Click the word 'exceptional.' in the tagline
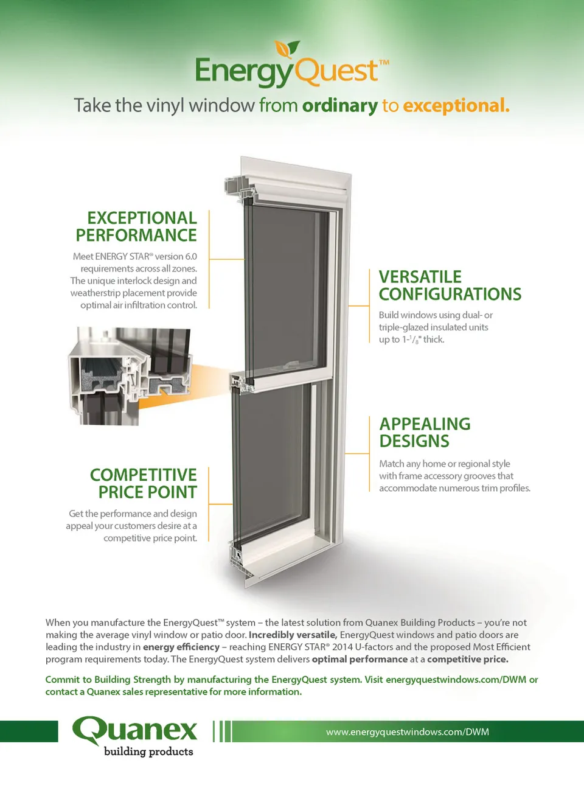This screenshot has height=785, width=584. click(456, 106)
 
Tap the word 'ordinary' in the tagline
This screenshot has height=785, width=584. click(339, 106)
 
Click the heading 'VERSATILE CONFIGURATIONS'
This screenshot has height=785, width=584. click(450, 285)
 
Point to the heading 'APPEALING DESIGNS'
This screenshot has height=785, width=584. click(425, 432)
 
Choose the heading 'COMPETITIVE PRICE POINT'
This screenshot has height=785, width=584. click(145, 483)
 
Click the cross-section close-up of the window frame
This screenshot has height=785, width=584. click(131, 375)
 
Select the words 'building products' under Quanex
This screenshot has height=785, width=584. click(148, 752)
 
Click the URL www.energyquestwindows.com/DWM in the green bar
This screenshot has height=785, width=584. click(407, 732)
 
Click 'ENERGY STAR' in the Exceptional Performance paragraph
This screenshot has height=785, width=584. click(122, 257)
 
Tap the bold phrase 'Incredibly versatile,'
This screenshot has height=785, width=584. click(293, 635)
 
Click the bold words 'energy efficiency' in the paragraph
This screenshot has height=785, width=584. click(181, 647)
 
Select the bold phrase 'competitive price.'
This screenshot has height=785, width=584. click(467, 659)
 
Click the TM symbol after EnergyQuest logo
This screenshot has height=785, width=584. click(384, 62)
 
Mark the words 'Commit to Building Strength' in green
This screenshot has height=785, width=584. click(108, 680)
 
